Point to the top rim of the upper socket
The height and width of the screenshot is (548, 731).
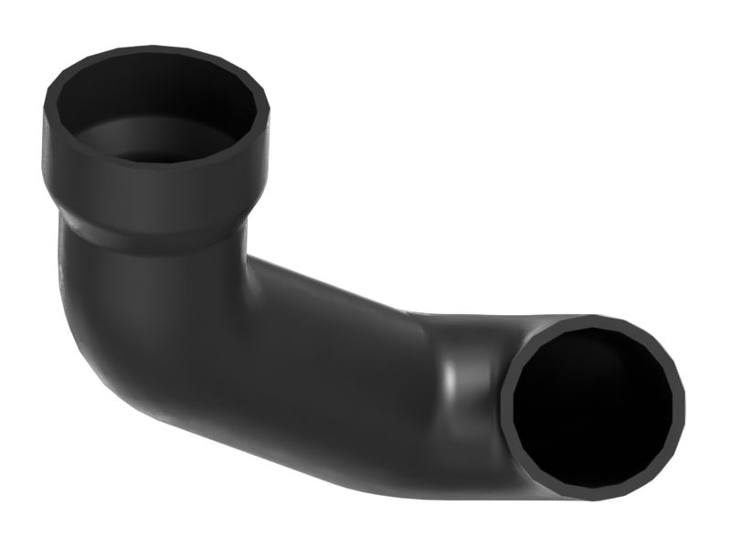pyautogui.click(x=155, y=51)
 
